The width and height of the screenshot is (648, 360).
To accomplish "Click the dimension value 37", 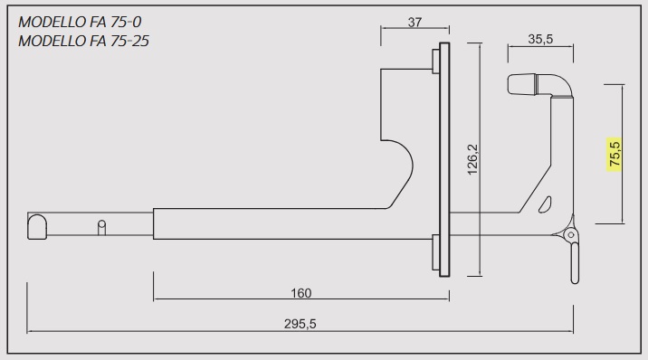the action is click(x=415, y=22).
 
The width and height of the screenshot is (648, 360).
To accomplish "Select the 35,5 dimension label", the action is click(x=540, y=39).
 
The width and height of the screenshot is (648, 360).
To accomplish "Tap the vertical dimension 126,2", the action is click(x=472, y=159).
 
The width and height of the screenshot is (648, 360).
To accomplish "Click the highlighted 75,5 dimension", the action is click(x=615, y=154).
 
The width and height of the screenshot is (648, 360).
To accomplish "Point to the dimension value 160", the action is click(x=300, y=293).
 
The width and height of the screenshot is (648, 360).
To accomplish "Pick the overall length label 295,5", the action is click(x=300, y=324).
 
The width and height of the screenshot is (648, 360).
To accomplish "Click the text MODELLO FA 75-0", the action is click(x=80, y=22).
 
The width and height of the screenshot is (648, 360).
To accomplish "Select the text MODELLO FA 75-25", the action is click(x=83, y=41).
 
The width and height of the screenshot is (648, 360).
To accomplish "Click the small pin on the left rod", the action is click(x=101, y=227).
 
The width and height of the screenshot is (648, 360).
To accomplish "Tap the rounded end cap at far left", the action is click(x=37, y=227).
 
